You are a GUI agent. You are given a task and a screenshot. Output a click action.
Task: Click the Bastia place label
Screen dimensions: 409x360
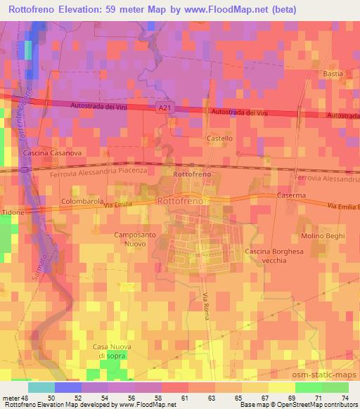click(333, 73)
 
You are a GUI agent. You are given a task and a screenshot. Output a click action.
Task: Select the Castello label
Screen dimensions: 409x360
click(219, 138)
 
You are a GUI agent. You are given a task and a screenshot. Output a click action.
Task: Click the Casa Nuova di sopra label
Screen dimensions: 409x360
click(113, 351)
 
